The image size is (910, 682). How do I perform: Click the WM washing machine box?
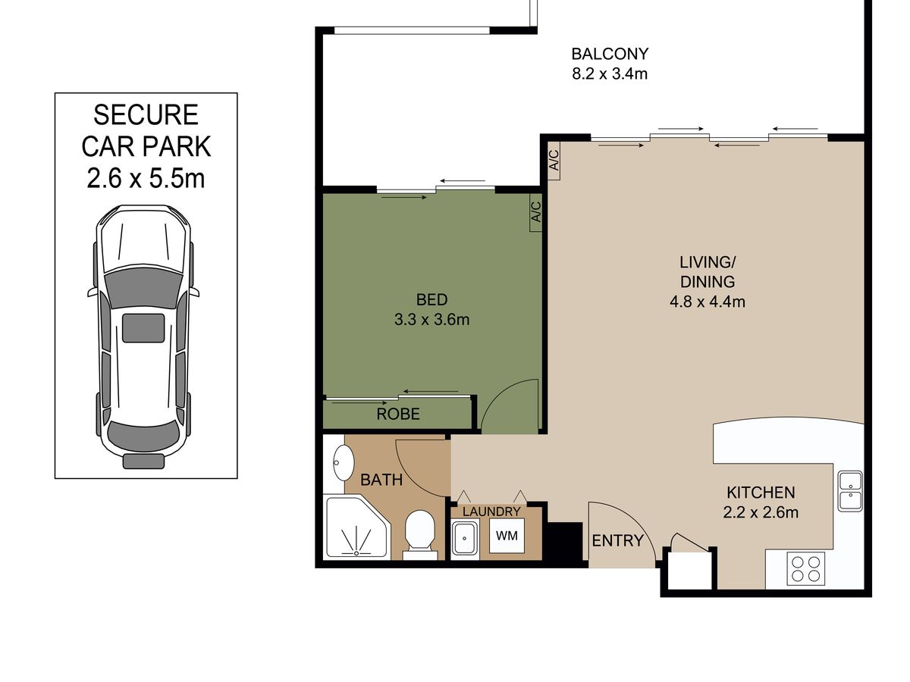[507, 535]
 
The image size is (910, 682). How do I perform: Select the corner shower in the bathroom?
[358, 527]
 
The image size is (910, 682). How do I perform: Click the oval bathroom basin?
[344, 462]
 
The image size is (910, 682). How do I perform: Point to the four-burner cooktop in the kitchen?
[805, 568]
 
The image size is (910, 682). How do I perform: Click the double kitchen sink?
[850, 491]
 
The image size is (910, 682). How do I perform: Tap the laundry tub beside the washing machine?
[464, 537]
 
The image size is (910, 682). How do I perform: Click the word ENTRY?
[617, 540]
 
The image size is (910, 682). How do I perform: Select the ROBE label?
[398, 414]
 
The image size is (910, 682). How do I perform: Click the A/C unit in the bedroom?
[535, 212]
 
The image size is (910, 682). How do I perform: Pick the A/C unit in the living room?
[554, 160]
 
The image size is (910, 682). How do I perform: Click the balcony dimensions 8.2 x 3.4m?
[610, 74]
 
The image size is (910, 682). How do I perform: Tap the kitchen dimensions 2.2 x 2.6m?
[761, 512]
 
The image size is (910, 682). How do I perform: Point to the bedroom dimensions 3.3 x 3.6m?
[431, 319]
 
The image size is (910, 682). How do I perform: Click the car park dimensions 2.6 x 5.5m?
[146, 179]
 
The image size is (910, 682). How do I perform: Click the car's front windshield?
[143, 287]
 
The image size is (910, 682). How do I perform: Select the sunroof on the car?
[143, 328]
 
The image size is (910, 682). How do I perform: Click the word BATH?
[381, 480]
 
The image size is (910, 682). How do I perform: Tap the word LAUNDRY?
[491, 511]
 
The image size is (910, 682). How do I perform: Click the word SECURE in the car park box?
[146, 114]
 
